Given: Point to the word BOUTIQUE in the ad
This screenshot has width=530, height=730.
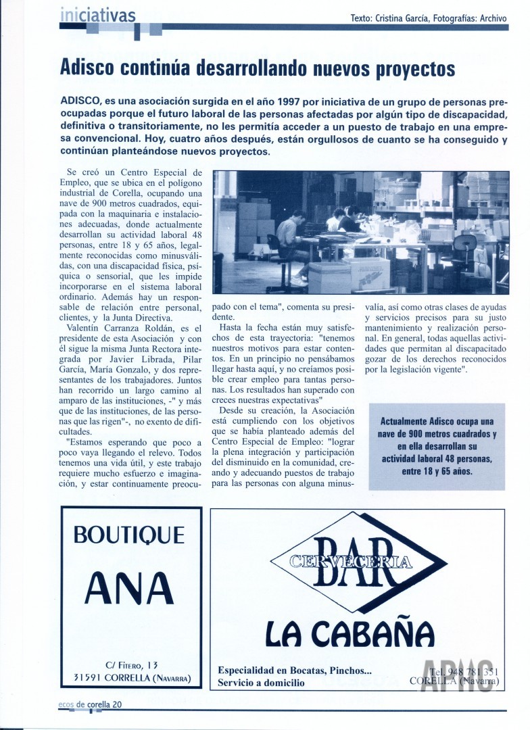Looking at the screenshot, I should point(128,535).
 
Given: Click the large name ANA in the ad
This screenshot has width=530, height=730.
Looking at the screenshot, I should point(129,587).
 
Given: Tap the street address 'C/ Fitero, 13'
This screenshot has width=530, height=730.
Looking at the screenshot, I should point(132,665).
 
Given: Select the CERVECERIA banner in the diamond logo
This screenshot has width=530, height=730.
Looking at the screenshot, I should point(352,560).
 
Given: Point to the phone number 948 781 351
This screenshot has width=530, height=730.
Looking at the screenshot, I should point(464,671).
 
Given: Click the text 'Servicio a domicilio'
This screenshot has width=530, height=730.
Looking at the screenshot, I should point(261,683).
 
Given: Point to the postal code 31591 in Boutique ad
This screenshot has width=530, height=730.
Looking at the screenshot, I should point(87,678).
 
